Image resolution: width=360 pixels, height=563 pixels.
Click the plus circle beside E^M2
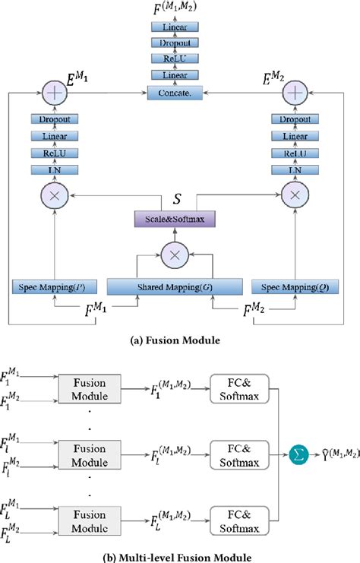click(x=292, y=92)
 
